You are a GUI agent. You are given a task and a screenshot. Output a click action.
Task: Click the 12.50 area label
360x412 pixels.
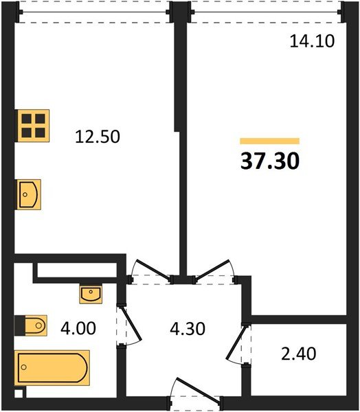pyautogui.click(x=98, y=137)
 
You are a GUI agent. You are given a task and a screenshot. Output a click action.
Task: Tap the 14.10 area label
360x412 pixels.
pyautogui.click(x=312, y=41)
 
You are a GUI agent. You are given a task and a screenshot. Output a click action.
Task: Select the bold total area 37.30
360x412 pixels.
pyautogui.click(x=270, y=161)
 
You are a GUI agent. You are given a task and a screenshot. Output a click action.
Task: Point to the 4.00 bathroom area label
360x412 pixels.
pyautogui.click(x=78, y=328)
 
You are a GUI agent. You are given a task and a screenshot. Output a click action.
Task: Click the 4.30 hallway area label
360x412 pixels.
pyautogui.click(x=188, y=329)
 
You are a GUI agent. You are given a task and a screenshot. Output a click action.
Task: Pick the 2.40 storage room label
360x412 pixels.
pyautogui.click(x=299, y=354)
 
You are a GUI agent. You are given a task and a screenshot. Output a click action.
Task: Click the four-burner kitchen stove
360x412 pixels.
pyautogui.click(x=33, y=126)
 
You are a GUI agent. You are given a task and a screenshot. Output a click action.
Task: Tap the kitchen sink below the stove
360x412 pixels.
pyautogui.click(x=29, y=194)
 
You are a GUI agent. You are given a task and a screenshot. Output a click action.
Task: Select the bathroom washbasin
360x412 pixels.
pyautogui.click(x=91, y=294)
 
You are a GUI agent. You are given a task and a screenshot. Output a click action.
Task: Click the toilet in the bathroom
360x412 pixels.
pyautogui.click(x=36, y=325)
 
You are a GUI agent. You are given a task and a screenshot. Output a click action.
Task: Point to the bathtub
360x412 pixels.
pyautogui.click(x=52, y=367)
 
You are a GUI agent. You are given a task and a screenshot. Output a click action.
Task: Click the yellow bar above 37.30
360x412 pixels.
pyautogui.click(x=270, y=141)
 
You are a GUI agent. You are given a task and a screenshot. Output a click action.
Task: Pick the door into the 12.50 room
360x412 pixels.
pyautogui.click(x=152, y=271)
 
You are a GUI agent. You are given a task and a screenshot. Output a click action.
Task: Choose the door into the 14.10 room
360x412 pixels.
pyautogui.click(x=214, y=271)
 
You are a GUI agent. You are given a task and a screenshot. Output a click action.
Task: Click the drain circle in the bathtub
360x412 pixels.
pyautogui.click(x=24, y=367)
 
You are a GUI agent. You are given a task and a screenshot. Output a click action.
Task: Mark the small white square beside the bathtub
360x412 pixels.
pyautogui.click(x=19, y=393)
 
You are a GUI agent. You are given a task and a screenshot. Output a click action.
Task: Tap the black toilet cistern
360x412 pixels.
pyautogui.click(x=20, y=325)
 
